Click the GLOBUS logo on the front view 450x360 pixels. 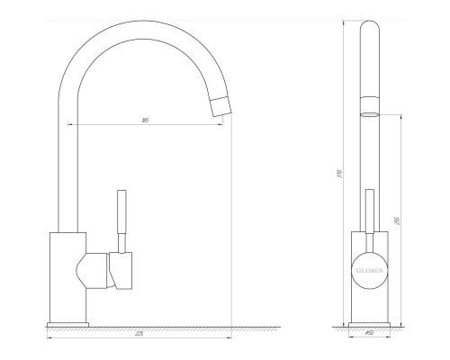(x=370, y=269)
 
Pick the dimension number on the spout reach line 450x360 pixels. (x=145, y=120)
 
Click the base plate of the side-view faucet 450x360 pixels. (x=68, y=319)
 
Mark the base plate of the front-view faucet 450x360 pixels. (x=369, y=319)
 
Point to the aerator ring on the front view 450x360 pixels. (x=370, y=114)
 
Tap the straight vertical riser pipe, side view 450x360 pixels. (x=68, y=162)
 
